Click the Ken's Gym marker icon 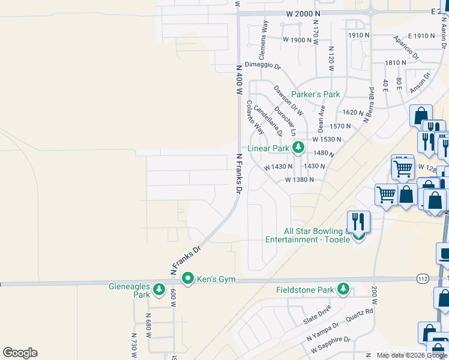tap(188, 278)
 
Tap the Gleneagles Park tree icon tap(159, 290)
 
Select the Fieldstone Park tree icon tap(343, 289)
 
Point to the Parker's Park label tap(315, 94)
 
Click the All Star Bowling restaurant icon tap(358, 221)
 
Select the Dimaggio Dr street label tap(262, 64)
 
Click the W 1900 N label tap(297, 40)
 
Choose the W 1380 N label tap(300, 179)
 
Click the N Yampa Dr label tap(323, 331)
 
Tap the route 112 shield tap(422, 279)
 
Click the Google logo tap(20, 353)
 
